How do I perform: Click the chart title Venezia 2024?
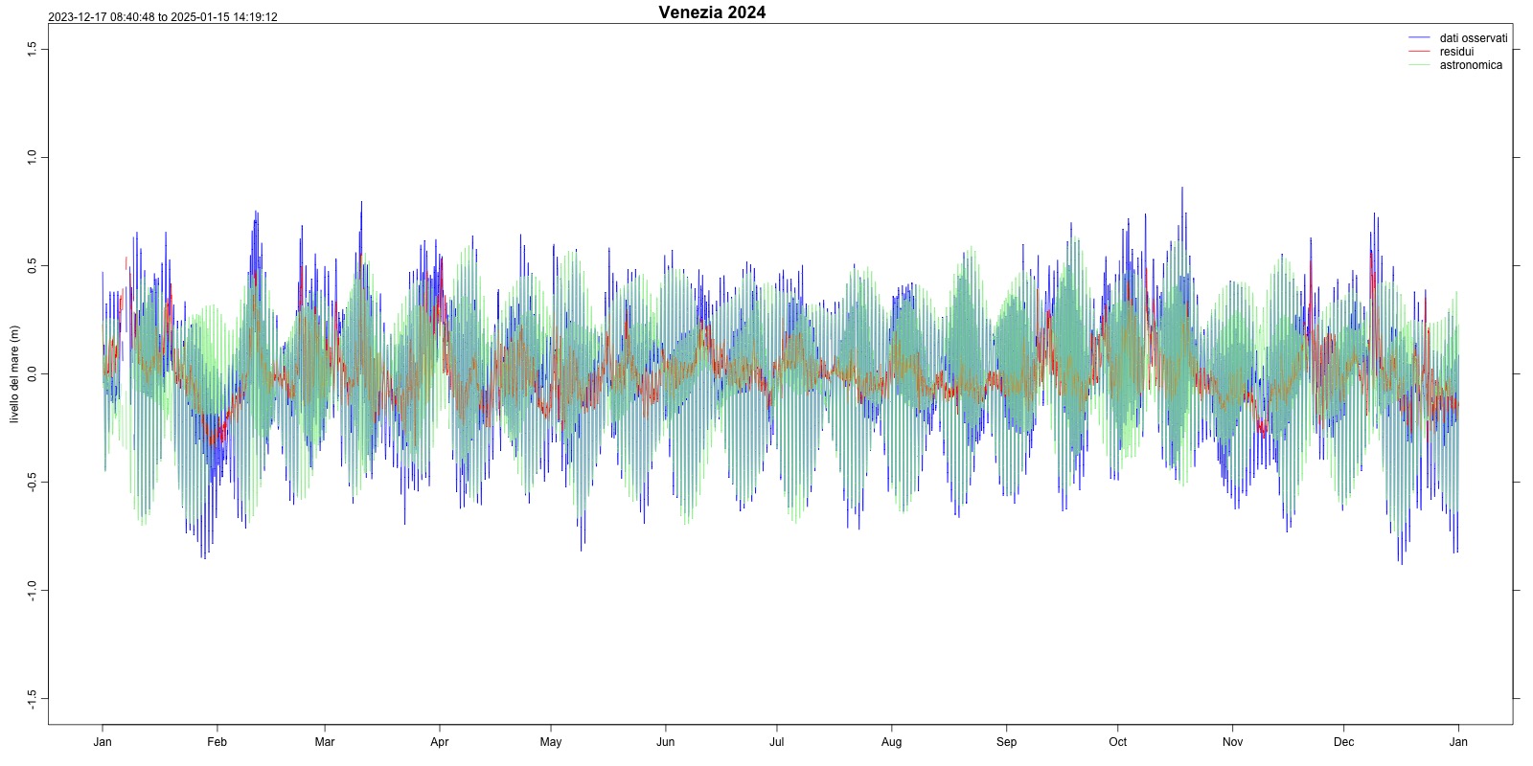712,12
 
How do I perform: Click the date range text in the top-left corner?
163,17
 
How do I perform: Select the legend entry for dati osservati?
1473,38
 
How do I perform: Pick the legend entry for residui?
1456,52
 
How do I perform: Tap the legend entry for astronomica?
1471,65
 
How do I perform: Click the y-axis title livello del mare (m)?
14,374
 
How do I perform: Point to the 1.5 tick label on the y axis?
32,48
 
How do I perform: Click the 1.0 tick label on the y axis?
32,156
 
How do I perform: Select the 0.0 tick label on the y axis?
32,373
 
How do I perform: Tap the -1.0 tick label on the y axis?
32,590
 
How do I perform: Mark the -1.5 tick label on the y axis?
32,698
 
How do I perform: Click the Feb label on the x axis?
217,742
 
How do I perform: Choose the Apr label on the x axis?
440,742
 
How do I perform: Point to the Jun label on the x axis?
666,742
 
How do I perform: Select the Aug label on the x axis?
892,742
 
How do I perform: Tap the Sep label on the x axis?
1006,742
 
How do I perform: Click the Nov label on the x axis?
1233,742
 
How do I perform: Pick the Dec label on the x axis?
1344,742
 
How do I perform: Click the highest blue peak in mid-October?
1182,189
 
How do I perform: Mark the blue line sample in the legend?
1419,38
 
